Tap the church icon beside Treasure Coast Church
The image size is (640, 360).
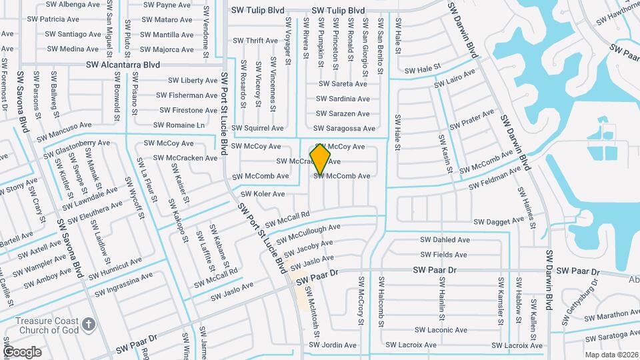point(89,325)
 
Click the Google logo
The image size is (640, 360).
point(22,351)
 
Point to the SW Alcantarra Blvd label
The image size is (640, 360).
point(123,65)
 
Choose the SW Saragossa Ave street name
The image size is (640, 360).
point(345,128)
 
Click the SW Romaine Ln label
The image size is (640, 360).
point(179,125)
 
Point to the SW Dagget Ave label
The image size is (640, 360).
point(500,221)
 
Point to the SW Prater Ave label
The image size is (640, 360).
point(472,119)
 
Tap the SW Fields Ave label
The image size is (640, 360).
point(443,255)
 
